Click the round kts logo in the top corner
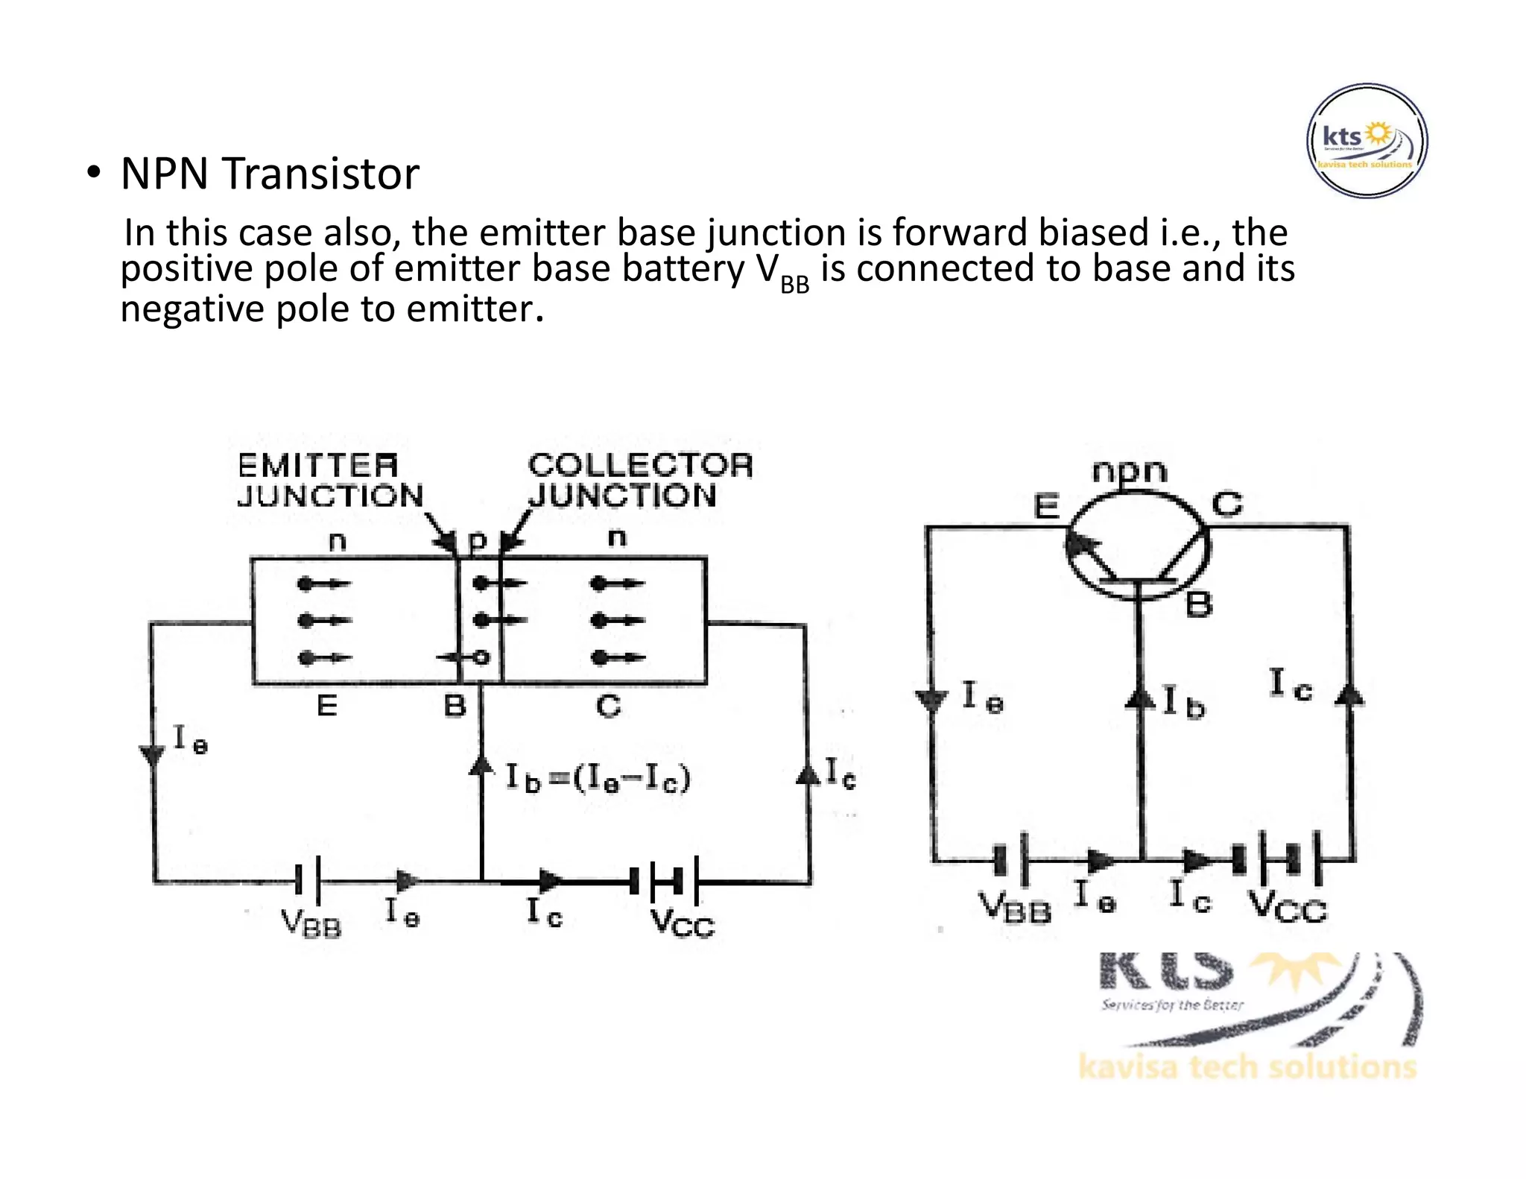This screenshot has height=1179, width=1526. tap(1367, 141)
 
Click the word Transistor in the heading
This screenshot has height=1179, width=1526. tap(320, 174)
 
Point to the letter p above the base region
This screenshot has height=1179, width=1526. tap(478, 540)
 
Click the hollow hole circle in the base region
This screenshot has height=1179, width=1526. tap(481, 657)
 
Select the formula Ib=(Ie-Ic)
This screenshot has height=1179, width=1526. tap(598, 777)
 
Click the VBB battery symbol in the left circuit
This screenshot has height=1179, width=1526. tap(308, 880)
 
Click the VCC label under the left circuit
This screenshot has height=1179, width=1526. tap(682, 925)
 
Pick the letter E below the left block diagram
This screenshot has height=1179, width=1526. tap(327, 705)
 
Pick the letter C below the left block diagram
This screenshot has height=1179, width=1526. tap(608, 705)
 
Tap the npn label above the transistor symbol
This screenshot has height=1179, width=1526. tap(1129, 471)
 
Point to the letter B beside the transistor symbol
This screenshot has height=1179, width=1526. tap(1198, 604)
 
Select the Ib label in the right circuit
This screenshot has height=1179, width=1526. tap(1184, 702)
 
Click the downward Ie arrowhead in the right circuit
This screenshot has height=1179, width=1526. tap(931, 700)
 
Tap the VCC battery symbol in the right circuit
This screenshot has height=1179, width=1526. tap(1276, 858)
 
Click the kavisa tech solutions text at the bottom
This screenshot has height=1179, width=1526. tap(1247, 1067)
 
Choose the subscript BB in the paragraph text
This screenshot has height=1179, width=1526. tap(794, 285)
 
